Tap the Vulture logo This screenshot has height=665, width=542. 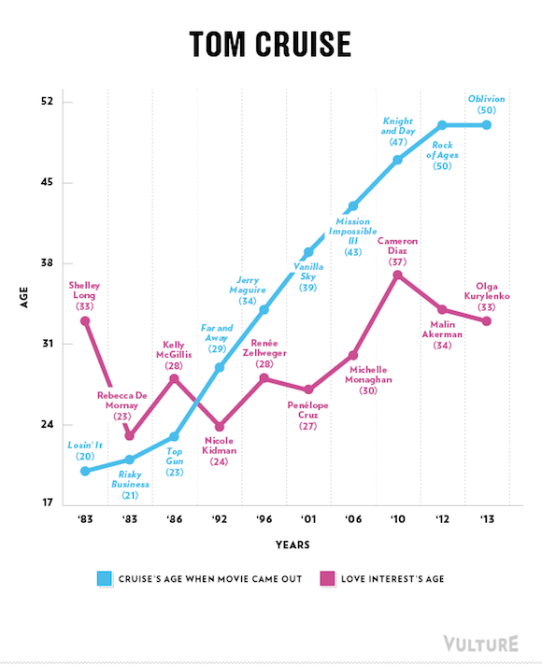tap(479, 644)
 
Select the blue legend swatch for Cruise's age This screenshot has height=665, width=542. tap(105, 578)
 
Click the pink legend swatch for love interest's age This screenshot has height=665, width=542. tap(327, 578)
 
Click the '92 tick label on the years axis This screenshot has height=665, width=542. tap(219, 517)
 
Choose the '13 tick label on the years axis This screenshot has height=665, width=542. tap(487, 517)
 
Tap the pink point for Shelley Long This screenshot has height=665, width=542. tap(85, 321)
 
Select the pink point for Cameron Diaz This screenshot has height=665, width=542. tap(397, 275)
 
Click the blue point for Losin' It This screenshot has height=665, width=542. tap(85, 471)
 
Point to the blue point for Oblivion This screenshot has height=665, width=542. tap(487, 124)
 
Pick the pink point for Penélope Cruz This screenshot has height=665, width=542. tap(308, 389)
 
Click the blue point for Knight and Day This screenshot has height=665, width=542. tap(397, 160)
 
